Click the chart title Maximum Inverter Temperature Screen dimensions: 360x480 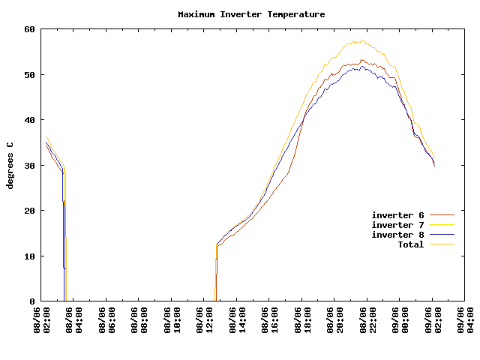point(251,14)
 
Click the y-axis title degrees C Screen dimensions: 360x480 point(10,165)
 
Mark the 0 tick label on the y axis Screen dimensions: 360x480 point(32,301)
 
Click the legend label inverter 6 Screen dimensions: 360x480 point(397,215)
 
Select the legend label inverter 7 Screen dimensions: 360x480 point(397,225)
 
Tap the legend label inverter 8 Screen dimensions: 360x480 point(397,235)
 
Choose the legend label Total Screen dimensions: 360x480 point(410,244)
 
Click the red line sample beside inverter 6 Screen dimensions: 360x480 point(442,215)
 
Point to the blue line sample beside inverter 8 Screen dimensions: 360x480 point(442,235)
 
